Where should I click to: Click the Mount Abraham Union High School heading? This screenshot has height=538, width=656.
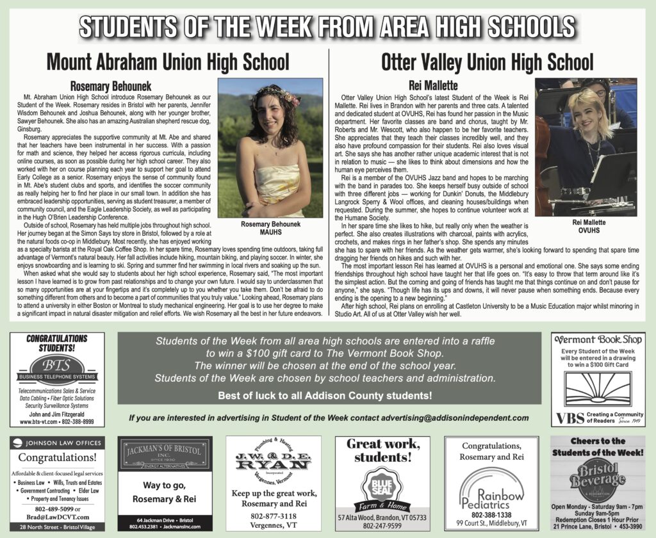168,63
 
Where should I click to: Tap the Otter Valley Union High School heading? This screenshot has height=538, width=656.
487,63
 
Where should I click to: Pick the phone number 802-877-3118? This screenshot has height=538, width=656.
274,516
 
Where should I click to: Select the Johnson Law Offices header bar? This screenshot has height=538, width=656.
56,442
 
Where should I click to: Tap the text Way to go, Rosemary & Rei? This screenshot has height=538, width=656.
165,492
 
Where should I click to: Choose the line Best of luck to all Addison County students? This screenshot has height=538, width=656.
324,396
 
